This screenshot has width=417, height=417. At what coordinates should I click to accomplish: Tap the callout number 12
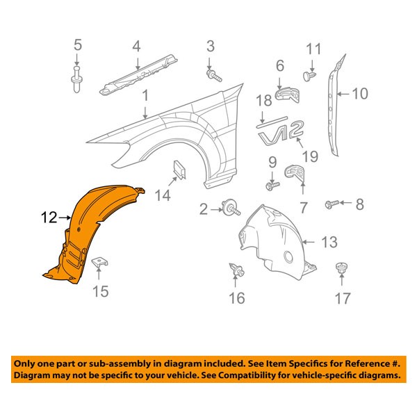tap(48, 218)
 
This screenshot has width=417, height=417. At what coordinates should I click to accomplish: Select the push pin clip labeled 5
tap(77, 81)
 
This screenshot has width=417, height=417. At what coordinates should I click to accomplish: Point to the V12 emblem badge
tap(282, 133)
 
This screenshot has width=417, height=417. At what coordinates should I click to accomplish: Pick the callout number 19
tap(310, 156)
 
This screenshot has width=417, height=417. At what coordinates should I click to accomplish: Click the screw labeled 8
tap(332, 204)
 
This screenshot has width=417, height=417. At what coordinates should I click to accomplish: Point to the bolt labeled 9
tap(272, 186)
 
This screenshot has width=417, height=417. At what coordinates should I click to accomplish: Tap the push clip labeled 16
tap(236, 270)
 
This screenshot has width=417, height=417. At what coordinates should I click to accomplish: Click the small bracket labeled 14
tap(180, 168)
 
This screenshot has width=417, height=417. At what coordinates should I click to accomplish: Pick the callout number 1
tap(146, 95)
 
